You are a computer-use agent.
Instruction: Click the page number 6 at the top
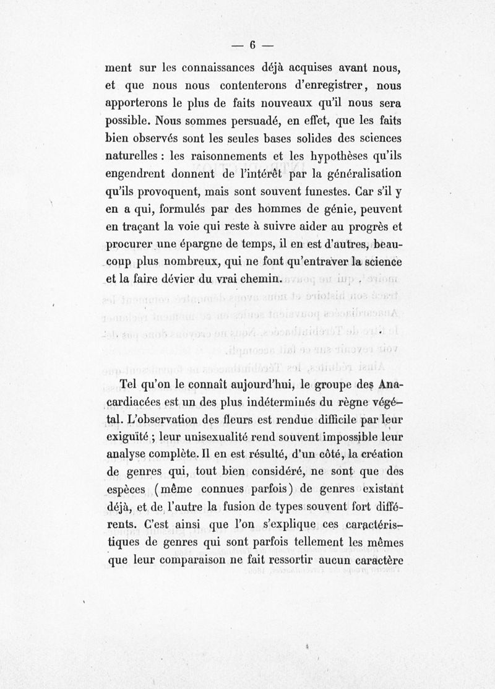click(252, 45)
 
